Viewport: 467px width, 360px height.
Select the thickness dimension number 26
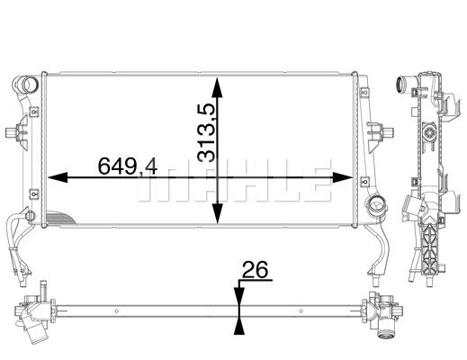256,269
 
